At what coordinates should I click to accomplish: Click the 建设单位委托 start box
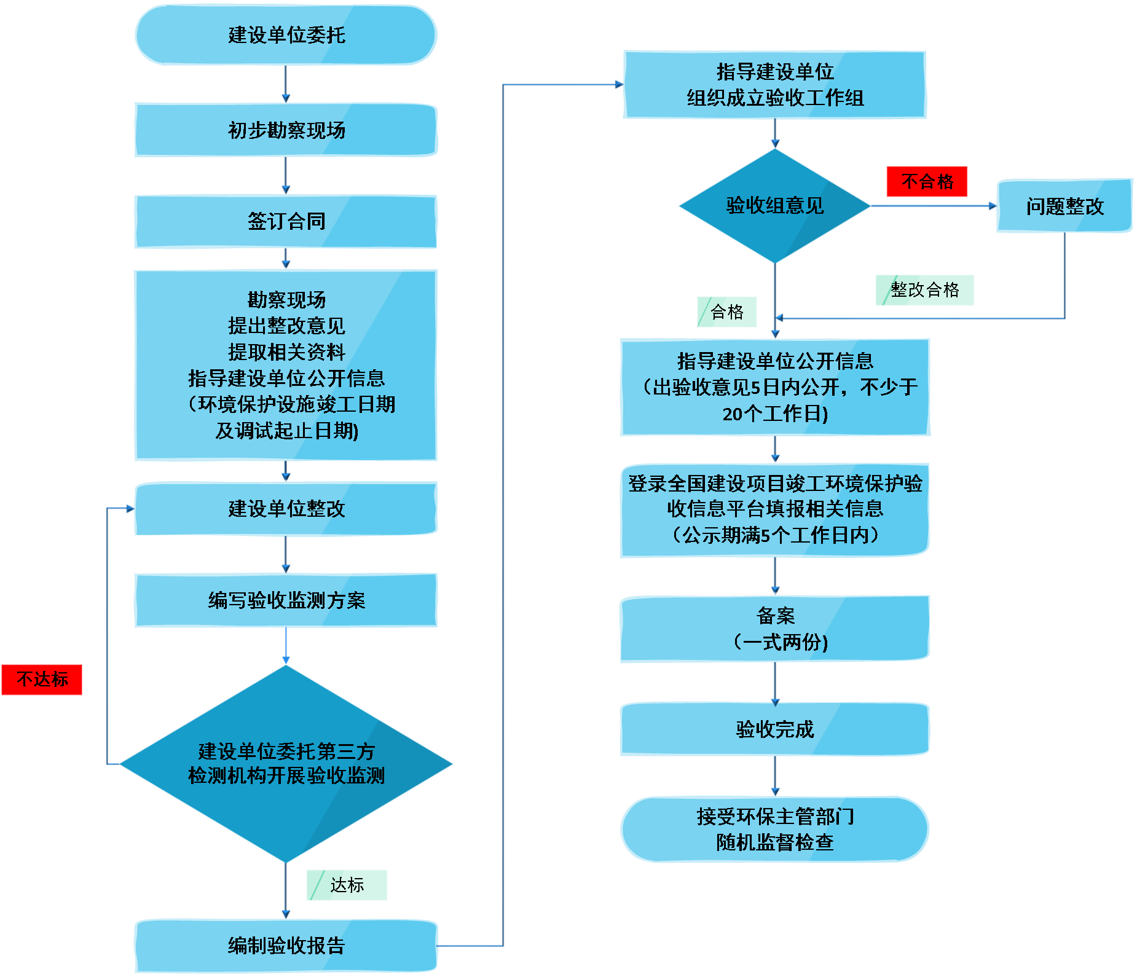(x=286, y=35)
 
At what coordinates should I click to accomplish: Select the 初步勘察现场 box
(x=286, y=130)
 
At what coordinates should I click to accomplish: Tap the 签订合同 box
(x=286, y=221)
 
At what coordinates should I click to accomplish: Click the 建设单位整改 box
(x=286, y=509)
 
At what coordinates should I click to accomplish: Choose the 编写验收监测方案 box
(x=286, y=600)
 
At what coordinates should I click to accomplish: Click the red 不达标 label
(x=42, y=680)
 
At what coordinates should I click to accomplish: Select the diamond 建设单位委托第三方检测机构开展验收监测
(x=286, y=764)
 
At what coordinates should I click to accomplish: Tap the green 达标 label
(x=347, y=885)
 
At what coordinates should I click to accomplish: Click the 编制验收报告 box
(x=286, y=945)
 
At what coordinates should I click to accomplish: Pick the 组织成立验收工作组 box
(x=774, y=85)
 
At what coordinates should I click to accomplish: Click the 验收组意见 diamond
(x=774, y=205)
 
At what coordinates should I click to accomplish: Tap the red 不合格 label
(x=927, y=181)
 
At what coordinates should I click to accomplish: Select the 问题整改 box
(x=1064, y=206)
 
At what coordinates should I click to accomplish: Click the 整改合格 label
(x=924, y=290)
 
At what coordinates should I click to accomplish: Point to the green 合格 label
(x=726, y=312)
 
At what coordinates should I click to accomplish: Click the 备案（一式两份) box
(x=774, y=629)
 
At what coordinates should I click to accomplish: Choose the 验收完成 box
(x=774, y=729)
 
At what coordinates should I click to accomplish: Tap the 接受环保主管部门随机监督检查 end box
(x=774, y=830)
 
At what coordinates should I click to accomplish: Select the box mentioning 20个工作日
(x=774, y=387)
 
